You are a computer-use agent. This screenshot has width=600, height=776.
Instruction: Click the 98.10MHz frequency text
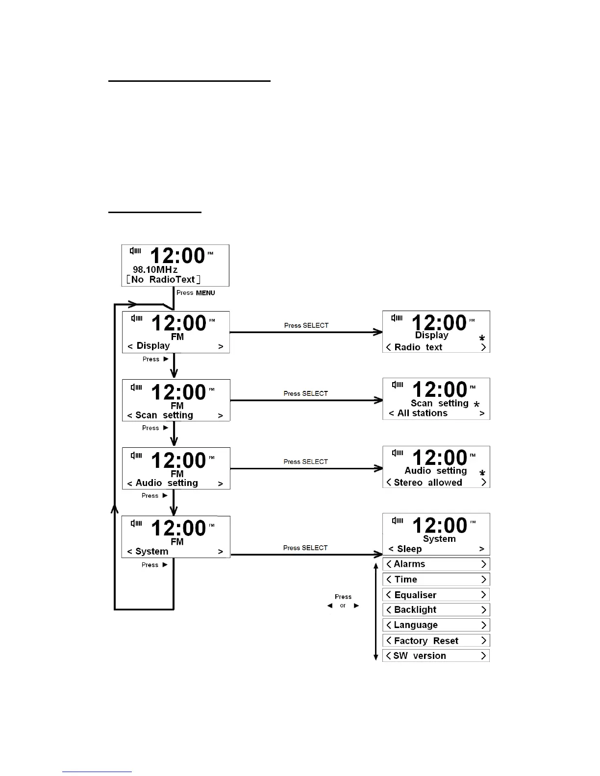tap(155, 269)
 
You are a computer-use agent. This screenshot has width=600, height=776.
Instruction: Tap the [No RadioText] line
tap(163, 279)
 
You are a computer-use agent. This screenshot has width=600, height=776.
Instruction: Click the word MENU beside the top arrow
tap(205, 293)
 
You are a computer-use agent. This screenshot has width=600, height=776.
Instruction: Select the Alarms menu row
tap(436, 564)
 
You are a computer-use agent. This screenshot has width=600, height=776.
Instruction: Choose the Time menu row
tap(436, 580)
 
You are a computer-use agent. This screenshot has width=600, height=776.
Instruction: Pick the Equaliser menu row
tap(436, 595)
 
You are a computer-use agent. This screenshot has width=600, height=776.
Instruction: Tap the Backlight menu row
tap(436, 609)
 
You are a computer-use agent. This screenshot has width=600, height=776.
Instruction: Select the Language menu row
tap(436, 625)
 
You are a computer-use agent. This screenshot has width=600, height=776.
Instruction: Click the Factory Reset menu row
tap(436, 641)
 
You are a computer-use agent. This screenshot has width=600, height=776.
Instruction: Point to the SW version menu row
tap(436, 655)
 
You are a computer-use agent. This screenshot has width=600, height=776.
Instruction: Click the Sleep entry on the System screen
tap(409, 549)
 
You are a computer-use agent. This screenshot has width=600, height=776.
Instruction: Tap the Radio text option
tap(418, 347)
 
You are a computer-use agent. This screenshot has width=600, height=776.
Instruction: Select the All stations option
tap(422, 413)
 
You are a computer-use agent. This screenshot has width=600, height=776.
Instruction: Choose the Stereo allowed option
tap(428, 483)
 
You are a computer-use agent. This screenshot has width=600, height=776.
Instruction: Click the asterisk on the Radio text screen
tap(482, 338)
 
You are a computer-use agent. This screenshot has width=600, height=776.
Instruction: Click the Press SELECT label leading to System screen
tap(305, 548)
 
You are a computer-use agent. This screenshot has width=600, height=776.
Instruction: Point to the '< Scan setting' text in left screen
tap(160, 415)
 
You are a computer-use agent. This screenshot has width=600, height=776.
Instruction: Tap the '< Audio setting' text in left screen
tap(163, 483)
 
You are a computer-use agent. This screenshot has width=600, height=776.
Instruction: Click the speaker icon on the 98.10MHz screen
tap(135, 251)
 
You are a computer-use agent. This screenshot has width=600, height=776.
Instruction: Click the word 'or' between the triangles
tap(343, 606)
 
